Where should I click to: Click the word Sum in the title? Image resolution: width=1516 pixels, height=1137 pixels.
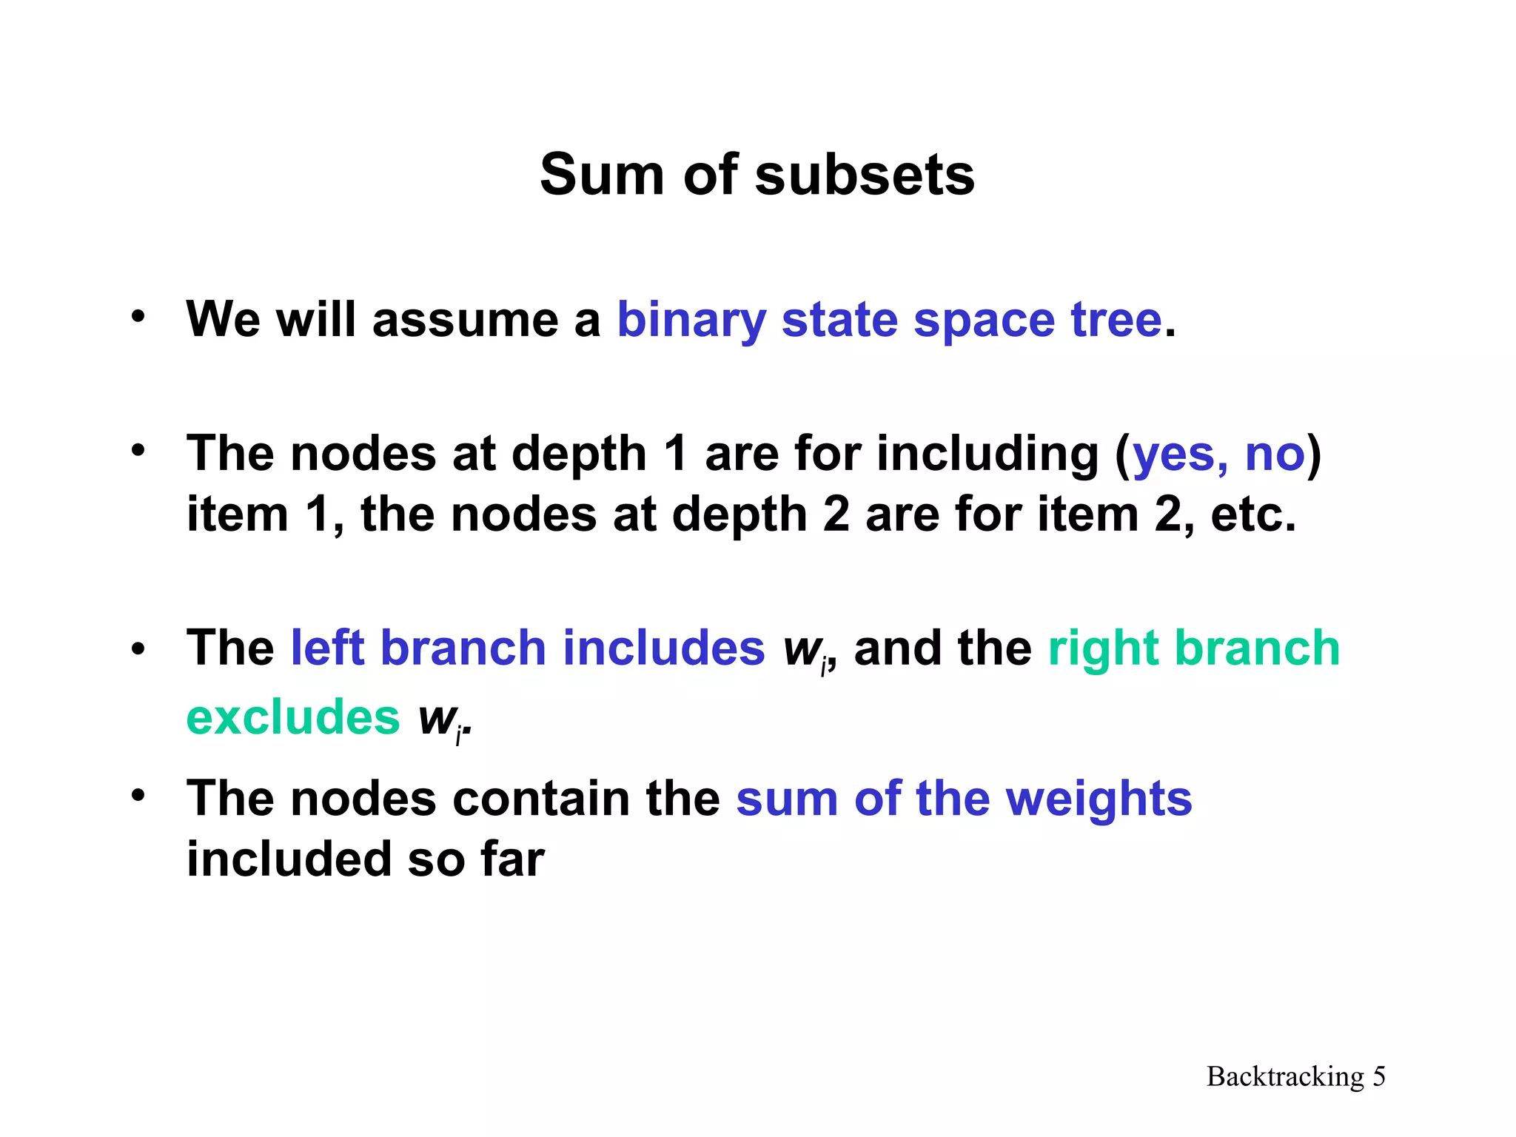click(x=602, y=175)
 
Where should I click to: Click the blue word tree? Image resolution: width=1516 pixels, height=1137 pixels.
click(x=1116, y=321)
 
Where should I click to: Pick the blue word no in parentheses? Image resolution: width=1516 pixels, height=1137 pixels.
click(x=1275, y=454)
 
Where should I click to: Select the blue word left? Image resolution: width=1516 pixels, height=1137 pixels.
click(x=327, y=648)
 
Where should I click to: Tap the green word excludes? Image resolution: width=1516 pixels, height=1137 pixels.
click(x=293, y=717)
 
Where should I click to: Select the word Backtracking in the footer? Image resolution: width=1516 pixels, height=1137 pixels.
click(x=1285, y=1076)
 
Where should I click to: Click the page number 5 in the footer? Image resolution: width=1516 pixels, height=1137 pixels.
click(x=1379, y=1076)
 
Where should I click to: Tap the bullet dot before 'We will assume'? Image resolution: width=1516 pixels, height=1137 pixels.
click(x=138, y=317)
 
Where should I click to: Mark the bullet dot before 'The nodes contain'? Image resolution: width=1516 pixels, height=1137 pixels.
click(x=138, y=795)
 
